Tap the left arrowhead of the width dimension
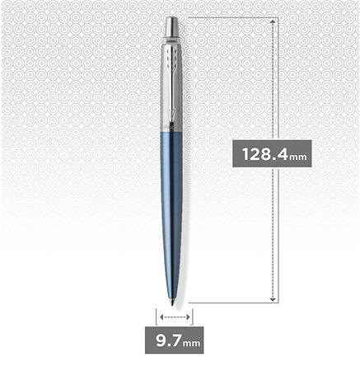161,316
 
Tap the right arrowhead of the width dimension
186,316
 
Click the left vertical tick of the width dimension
156,316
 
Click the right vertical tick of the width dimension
192,316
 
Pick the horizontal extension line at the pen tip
231,303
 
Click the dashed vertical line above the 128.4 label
273,82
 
